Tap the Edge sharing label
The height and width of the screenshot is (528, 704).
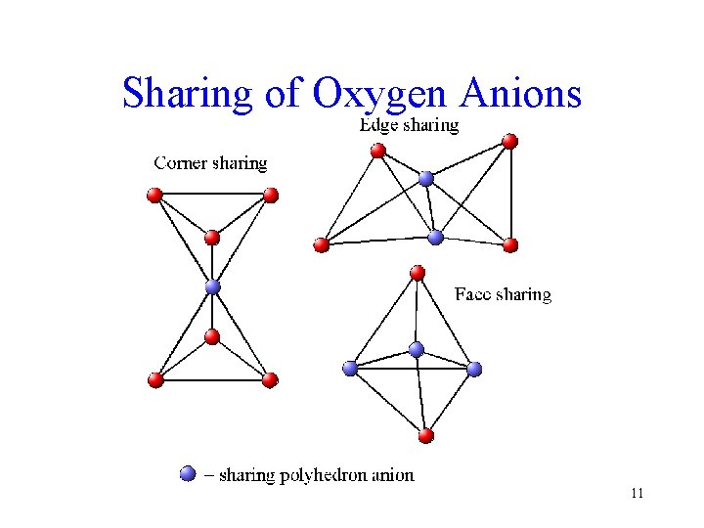[408, 124]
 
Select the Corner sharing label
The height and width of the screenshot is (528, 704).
[210, 163]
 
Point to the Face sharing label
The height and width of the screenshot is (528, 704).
[503, 294]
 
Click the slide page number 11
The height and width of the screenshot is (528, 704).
[637, 494]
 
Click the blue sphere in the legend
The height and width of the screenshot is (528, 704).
[188, 474]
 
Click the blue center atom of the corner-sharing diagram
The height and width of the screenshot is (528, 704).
[212, 287]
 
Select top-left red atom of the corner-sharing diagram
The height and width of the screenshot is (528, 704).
[154, 196]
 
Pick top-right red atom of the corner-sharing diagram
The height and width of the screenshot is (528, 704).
[271, 196]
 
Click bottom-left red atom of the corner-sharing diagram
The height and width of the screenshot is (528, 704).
[154, 379]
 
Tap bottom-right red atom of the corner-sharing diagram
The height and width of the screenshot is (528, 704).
[271, 379]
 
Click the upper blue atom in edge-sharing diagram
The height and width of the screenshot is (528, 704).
[425, 178]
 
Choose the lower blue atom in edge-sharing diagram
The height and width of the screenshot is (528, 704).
[436, 237]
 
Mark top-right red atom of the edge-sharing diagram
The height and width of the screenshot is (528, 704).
[509, 141]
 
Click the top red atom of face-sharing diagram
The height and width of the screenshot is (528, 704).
[418, 272]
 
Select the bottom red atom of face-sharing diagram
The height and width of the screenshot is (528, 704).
[425, 435]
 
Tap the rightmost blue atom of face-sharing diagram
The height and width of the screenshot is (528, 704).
[474, 369]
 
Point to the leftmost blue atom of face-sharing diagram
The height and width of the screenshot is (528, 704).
[350, 369]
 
